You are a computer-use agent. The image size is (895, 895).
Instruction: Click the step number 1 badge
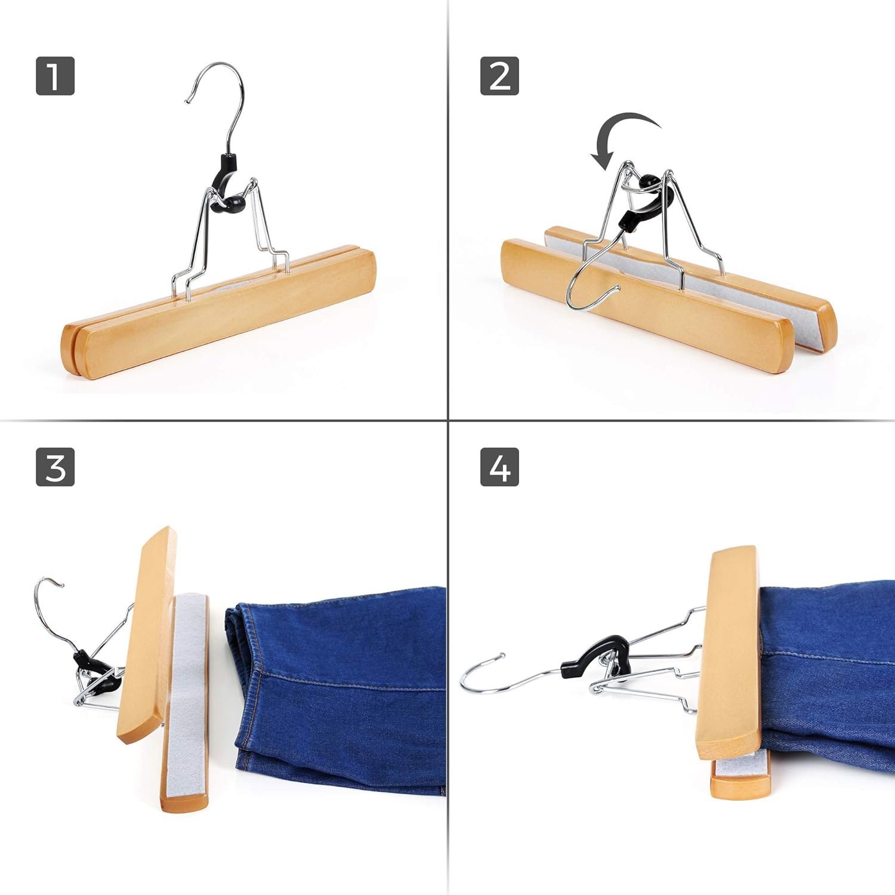click(55, 76)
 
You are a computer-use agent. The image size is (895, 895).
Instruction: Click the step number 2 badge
click(499, 76)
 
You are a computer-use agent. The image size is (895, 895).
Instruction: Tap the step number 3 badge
click(55, 467)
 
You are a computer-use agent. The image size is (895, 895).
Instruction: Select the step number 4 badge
click(499, 467)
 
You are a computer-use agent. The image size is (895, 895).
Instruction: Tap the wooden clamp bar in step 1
click(221, 316)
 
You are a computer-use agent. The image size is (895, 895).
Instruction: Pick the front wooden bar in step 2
click(644, 310)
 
